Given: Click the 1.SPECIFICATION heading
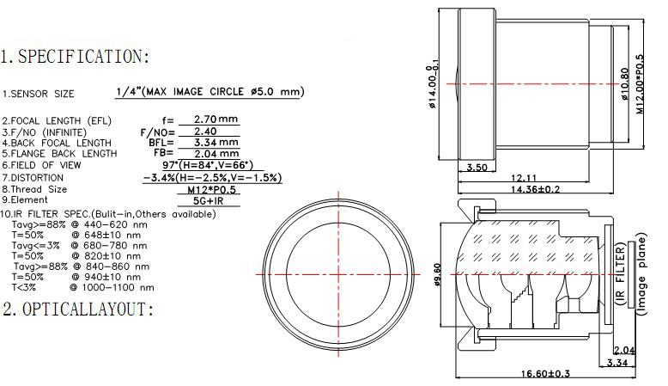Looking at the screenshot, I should click(x=76, y=58).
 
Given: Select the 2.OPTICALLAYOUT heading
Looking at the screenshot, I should click(x=77, y=309).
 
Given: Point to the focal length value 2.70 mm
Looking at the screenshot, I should click(x=216, y=119).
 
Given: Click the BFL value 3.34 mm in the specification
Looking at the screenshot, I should click(x=216, y=143).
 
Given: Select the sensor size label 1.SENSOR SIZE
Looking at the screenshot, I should click(x=38, y=94).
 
